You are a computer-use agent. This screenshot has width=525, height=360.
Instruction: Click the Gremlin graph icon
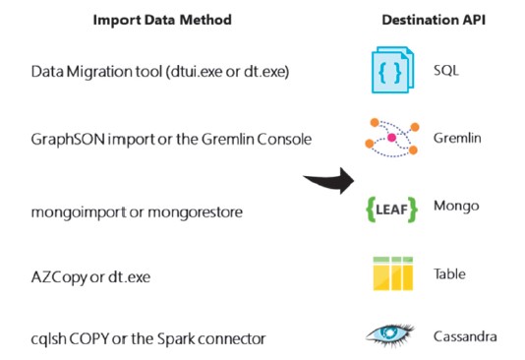[x=392, y=139]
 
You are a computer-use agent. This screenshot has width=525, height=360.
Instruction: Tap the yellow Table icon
[x=392, y=274]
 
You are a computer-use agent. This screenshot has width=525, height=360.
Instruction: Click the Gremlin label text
[x=457, y=139]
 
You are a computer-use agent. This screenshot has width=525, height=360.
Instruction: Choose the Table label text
[x=450, y=274]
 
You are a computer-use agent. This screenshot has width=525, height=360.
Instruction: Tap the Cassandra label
[x=465, y=337]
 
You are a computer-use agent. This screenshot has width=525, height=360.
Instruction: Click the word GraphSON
[x=64, y=140]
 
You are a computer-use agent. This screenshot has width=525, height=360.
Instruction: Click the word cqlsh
[x=48, y=339]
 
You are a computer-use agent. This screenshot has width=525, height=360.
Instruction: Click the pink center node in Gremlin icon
[x=391, y=139]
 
